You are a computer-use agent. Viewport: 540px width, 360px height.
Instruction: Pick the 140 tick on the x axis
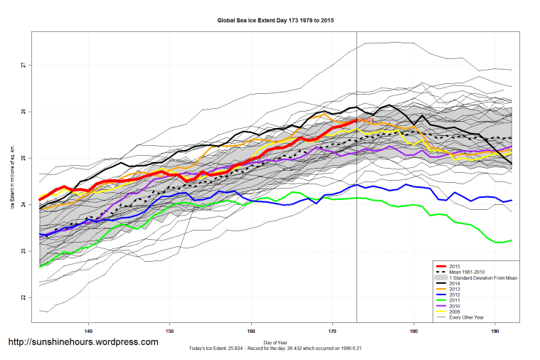pos(88,331)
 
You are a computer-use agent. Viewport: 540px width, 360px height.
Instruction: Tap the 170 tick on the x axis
pos(332,331)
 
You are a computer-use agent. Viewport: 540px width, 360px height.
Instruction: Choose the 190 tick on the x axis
pos(494,331)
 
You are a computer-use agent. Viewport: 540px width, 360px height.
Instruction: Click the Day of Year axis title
pos(275,343)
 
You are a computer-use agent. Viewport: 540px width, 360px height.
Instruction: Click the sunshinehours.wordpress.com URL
pos(83,342)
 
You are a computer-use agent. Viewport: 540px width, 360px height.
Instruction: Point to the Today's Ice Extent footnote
pos(275,349)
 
